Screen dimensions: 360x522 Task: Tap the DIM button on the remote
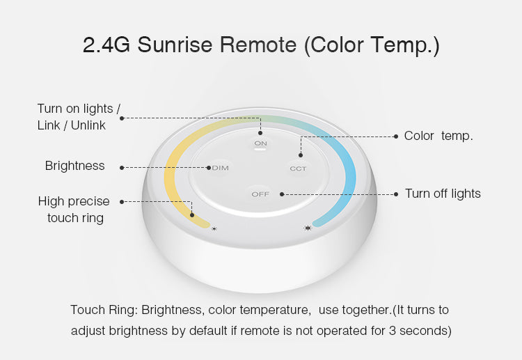click(x=220, y=168)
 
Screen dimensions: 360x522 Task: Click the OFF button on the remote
click(x=260, y=194)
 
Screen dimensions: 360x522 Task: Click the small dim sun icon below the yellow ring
click(x=214, y=228)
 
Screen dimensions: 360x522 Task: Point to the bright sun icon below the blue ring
click(x=308, y=228)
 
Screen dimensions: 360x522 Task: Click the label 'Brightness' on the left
click(x=74, y=166)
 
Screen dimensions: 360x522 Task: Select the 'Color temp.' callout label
click(x=438, y=136)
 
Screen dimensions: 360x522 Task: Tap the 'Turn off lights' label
click(x=443, y=194)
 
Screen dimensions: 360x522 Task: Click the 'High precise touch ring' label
click(x=74, y=210)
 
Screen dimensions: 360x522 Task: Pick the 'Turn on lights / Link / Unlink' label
click(x=79, y=116)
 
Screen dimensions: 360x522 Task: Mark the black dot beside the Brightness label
click(x=122, y=167)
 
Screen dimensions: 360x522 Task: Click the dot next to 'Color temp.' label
click(x=395, y=136)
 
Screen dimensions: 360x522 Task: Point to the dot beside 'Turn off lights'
click(x=395, y=194)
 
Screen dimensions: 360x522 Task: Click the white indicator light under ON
click(x=260, y=150)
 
